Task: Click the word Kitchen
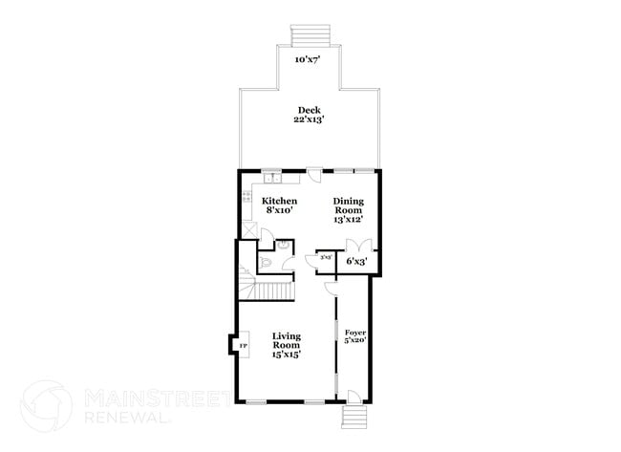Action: point(279,201)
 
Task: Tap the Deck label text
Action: point(307,110)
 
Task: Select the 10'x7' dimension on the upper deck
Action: point(307,59)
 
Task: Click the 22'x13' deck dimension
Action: point(307,120)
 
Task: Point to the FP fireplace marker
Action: point(243,345)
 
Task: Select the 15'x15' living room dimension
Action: point(286,355)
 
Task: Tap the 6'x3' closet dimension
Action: point(356,260)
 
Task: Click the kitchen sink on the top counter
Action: point(271,178)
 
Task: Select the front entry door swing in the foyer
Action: point(351,395)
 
